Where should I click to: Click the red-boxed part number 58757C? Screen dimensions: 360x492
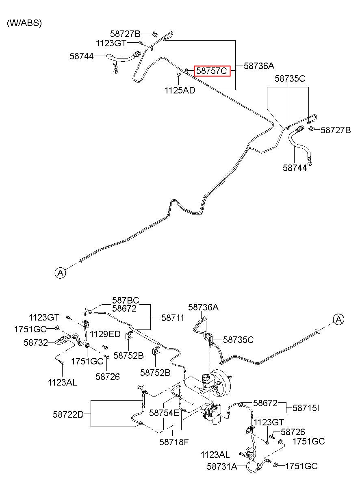pyautogui.click(x=212, y=71)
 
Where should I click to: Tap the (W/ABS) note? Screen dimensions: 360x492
pyautogui.click(x=24, y=23)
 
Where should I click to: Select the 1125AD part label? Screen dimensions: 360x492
pyautogui.click(x=180, y=90)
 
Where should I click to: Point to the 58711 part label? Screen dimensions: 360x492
pyautogui.click(x=173, y=318)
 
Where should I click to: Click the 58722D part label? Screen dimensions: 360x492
pyautogui.click(x=68, y=415)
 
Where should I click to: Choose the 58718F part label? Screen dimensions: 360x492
pyautogui.click(x=174, y=442)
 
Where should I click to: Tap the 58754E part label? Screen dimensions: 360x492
pyautogui.click(x=164, y=413)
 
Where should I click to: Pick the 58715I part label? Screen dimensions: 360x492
pyautogui.click(x=306, y=408)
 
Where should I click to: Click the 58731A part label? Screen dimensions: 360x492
pyautogui.click(x=222, y=466)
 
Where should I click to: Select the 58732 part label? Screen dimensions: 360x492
pyautogui.click(x=36, y=342)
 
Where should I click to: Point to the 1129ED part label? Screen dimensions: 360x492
pyautogui.click(x=105, y=334)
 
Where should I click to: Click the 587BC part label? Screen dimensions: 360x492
pyautogui.click(x=126, y=300)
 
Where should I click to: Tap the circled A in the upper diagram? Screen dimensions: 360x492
pyautogui.click(x=60, y=273)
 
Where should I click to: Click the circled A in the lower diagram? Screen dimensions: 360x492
pyautogui.click(x=338, y=319)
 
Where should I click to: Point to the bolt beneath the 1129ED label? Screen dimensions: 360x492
pyautogui.click(x=105, y=347)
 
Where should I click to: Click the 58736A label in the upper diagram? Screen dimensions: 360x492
pyautogui.click(x=259, y=66)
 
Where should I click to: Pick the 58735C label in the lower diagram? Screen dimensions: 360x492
pyautogui.click(x=239, y=340)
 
